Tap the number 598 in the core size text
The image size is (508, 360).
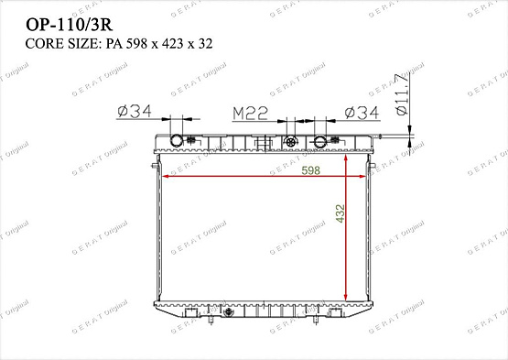click(138, 43)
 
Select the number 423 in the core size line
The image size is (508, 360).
click(177, 43)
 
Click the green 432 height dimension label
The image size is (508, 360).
click(340, 214)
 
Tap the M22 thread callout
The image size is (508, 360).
click(249, 113)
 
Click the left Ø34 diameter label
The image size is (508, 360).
click(134, 113)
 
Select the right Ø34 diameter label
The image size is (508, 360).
click(362, 113)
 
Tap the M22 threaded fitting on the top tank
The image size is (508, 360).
click(291, 142)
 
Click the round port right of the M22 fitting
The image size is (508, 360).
click(320, 142)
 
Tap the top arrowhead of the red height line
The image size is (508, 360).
click(345, 157)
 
